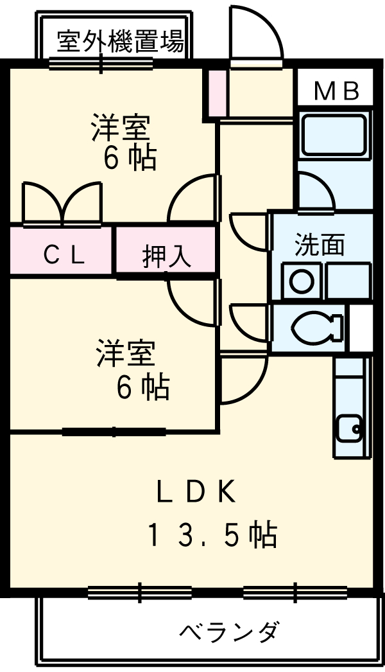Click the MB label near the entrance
click(336, 92)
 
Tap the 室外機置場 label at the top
click(120, 42)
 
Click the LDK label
click(198, 492)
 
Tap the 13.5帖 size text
click(212, 535)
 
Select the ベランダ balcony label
click(228, 632)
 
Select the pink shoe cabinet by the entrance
click(217, 93)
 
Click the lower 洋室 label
click(126, 355)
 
